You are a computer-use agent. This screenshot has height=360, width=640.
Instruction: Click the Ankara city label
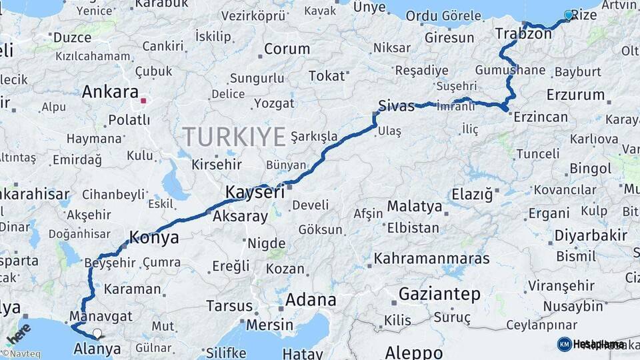click(110, 92)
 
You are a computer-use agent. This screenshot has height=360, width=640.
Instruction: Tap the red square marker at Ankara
click(143, 102)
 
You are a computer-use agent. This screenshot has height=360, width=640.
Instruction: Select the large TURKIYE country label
click(235, 137)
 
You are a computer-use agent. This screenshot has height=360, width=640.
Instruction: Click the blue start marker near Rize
click(569, 15)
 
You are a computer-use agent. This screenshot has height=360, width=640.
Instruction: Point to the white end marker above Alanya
click(98, 333)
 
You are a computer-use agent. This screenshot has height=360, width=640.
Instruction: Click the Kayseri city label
click(255, 192)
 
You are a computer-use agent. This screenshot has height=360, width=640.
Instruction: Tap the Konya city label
click(154, 237)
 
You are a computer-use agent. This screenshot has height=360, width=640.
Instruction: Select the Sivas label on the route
click(396, 105)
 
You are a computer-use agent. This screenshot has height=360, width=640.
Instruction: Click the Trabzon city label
click(523, 33)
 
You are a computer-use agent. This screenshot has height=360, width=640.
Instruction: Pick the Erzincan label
click(540, 117)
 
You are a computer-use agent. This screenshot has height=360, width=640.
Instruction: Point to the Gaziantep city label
click(439, 293)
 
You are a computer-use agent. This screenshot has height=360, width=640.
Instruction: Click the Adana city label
click(310, 300)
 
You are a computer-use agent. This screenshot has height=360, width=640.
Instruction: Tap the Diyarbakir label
click(591, 235)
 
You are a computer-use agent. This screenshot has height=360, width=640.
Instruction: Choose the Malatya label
click(415, 206)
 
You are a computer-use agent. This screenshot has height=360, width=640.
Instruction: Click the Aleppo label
click(413, 352)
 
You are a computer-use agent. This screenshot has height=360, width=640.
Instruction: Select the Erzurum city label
click(575, 94)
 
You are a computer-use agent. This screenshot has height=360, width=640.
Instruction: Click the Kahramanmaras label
click(431, 258)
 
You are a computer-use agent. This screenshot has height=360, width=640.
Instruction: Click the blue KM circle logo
click(564, 344)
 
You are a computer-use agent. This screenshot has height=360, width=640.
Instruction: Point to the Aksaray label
click(240, 216)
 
